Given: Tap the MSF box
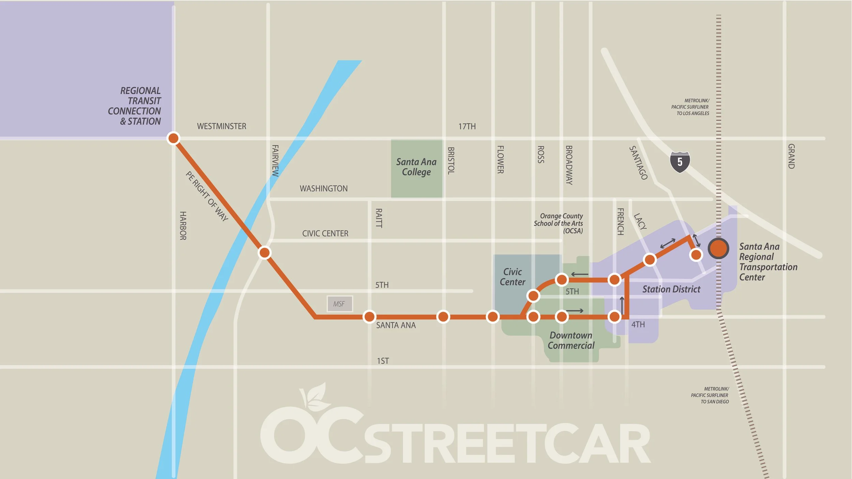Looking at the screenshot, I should pos(339,304).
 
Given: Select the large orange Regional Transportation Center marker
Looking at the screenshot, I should pos(718,248).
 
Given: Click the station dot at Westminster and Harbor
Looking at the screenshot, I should pos(173,138).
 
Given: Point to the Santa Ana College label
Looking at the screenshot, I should pos(416,167).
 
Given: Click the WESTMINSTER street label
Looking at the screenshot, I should pos(222,126).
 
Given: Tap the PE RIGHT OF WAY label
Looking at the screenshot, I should pos(207,196).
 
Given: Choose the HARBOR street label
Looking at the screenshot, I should pos(183,226).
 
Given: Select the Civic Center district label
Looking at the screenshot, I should pos(512,277).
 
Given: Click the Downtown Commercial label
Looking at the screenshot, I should pos(571,340).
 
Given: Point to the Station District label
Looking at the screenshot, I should pos(671,289).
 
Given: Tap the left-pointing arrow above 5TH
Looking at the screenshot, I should pos(579,274).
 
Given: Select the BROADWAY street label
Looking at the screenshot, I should pos(569,165).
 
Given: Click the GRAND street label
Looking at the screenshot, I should pos(791,156).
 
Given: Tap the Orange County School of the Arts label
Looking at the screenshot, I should pos(559,223).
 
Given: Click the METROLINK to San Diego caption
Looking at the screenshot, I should pos(710,395).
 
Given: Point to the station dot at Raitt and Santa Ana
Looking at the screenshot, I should pos(369,316).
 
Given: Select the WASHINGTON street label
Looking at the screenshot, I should pos(323,189).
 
